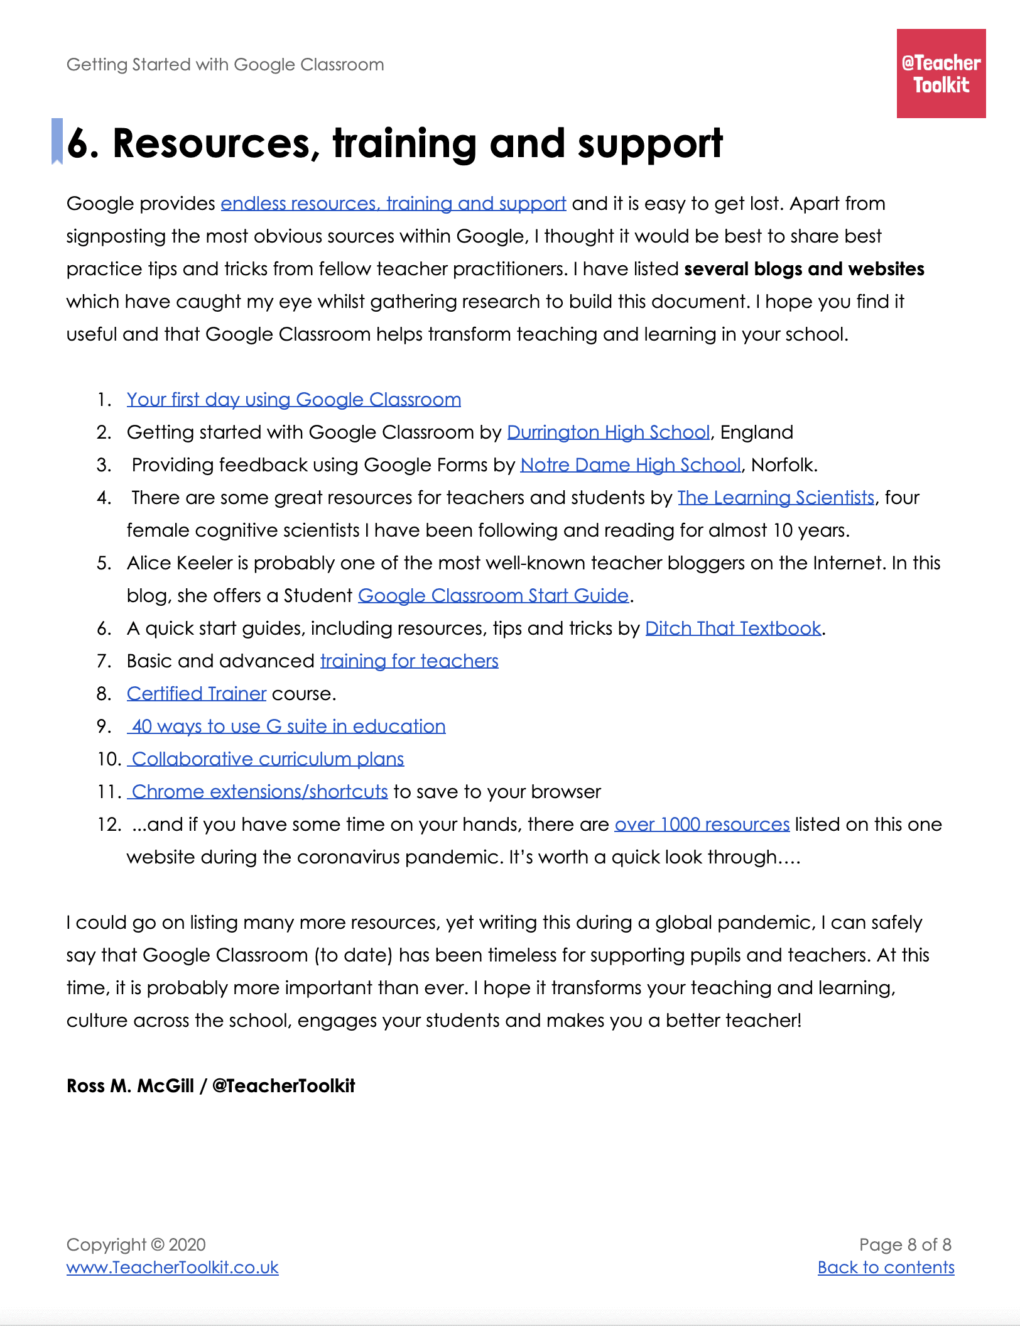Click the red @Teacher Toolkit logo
(941, 74)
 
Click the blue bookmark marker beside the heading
(57, 141)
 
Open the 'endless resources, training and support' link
(393, 204)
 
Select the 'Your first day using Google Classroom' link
(293, 400)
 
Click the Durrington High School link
(608, 432)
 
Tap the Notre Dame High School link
(631, 465)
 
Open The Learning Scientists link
(776, 498)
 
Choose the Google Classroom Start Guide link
(493, 596)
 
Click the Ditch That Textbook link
(733, 628)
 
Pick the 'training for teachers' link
(409, 661)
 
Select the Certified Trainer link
(197, 694)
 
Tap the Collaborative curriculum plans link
(267, 759)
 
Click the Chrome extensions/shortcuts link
(259, 792)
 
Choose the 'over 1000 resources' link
(702, 825)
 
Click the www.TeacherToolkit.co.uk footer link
(172, 1268)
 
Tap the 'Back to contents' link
(886, 1268)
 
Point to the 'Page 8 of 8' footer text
(905, 1245)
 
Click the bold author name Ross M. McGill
(131, 1086)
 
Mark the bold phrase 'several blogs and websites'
(804, 269)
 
